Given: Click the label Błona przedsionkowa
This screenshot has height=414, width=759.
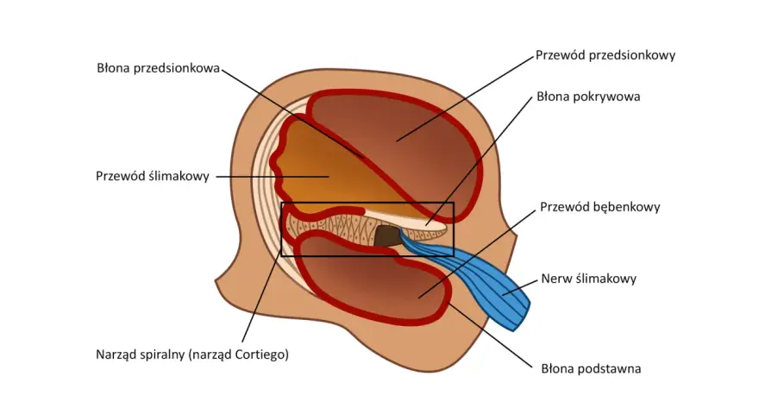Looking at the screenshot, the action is [159, 68].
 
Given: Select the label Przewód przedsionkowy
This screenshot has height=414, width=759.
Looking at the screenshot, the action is [605, 55].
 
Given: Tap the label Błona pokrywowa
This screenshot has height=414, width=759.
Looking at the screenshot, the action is [588, 97].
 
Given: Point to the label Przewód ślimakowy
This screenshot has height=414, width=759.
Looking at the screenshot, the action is [153, 176].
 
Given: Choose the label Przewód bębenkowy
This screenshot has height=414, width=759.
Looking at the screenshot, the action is [599, 207].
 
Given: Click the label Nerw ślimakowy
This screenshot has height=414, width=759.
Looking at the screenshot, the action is [588, 279].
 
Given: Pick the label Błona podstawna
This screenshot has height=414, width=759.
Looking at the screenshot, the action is [591, 368].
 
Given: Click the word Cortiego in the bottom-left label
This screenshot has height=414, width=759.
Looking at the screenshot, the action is [261, 354].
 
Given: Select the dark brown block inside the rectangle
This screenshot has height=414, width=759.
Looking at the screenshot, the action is [386, 235].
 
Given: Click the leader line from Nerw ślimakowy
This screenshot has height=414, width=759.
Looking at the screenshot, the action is [520, 286].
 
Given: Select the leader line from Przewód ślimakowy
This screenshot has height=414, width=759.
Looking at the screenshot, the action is [272, 177].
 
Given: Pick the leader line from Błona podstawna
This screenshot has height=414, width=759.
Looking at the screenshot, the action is [491, 336].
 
